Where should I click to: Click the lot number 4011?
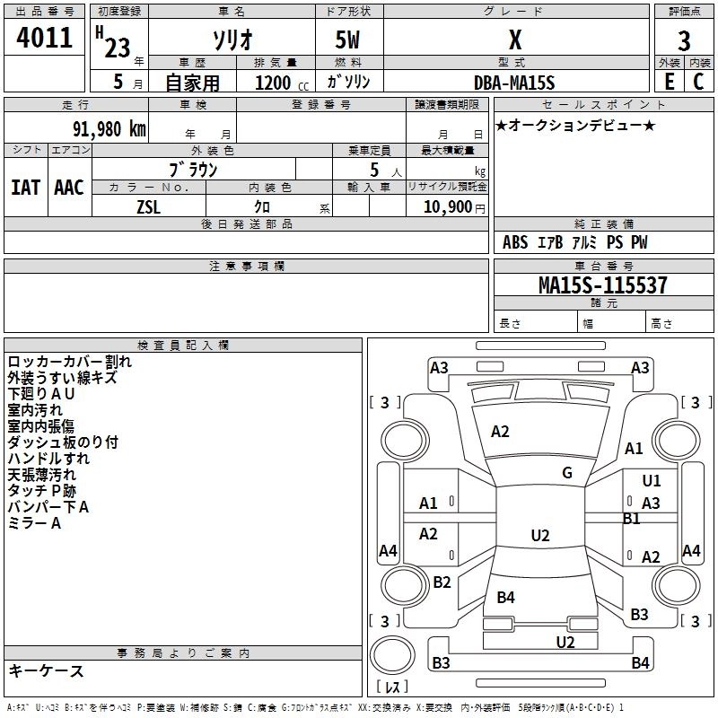pyautogui.click(x=44, y=38)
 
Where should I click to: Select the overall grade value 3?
pyautogui.click(x=684, y=40)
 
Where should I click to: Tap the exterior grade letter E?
pyautogui.click(x=669, y=82)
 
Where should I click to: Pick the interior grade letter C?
pyautogui.click(x=698, y=82)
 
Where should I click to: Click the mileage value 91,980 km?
pyautogui.click(x=109, y=129)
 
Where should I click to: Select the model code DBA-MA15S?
pyautogui.click(x=514, y=83)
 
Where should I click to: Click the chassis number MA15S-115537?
pyautogui.click(x=602, y=285)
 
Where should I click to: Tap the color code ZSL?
pyautogui.click(x=149, y=207)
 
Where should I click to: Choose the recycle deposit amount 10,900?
pyautogui.click(x=448, y=207)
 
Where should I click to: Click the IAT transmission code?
pyautogui.click(x=26, y=188)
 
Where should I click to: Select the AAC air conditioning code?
pyautogui.click(x=69, y=188)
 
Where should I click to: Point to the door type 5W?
pyautogui.click(x=347, y=39)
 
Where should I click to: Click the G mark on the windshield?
pyautogui.click(x=567, y=473)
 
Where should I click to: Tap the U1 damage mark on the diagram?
pyautogui.click(x=652, y=480)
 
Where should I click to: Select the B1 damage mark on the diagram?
pyautogui.click(x=632, y=519)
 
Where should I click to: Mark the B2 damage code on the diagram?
pyautogui.click(x=442, y=582)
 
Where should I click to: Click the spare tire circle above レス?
pyautogui.click(x=392, y=654)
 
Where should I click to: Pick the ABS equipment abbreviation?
pyautogui.click(x=515, y=242)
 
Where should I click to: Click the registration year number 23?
pyautogui.click(x=118, y=48)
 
